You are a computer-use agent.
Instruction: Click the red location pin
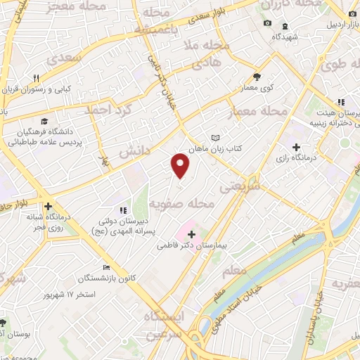click(181, 165)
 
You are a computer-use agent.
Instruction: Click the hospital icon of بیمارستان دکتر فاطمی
click(191, 233)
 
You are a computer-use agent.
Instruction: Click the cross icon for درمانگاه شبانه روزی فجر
click(48, 207)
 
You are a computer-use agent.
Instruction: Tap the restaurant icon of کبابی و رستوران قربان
click(36, 78)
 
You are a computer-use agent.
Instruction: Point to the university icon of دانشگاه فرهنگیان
click(46, 121)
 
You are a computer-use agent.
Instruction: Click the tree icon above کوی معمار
click(257, 77)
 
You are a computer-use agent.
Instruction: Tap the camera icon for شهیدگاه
click(267, 24)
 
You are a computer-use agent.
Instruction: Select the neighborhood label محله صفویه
click(181, 203)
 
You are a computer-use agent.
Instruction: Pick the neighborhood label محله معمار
click(258, 112)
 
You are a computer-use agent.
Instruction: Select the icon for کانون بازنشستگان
click(106, 267)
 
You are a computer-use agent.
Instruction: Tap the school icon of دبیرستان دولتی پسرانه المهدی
click(123, 210)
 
